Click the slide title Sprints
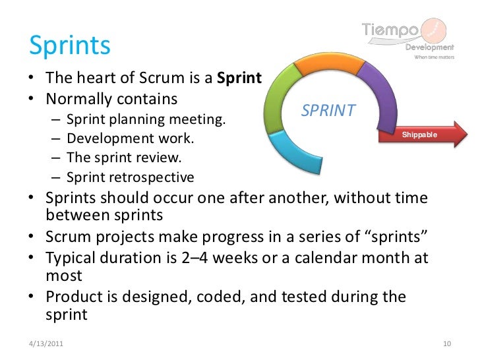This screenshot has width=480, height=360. point(69,45)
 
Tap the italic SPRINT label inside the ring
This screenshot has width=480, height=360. point(328,111)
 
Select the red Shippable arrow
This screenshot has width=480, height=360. point(428,136)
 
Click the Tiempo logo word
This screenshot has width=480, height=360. point(390,30)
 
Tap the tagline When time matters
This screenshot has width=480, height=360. point(433,57)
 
